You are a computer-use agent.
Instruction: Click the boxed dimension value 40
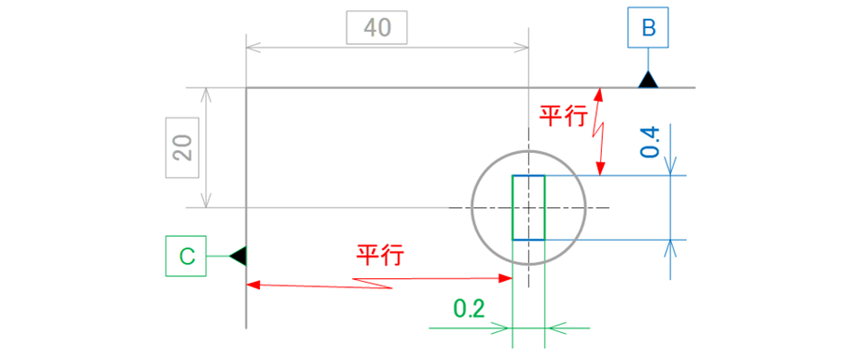376,28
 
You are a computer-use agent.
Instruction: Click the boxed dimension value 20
183,147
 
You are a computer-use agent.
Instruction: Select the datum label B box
649,28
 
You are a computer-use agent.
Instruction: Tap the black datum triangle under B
649,81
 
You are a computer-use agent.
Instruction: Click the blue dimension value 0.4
651,140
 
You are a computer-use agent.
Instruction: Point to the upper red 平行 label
563,116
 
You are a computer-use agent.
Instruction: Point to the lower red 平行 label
379,255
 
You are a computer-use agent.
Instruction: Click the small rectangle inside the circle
528,207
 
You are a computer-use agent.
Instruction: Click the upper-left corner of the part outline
246,89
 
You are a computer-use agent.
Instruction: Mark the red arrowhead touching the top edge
600,93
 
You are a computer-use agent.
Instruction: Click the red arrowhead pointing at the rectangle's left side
507,278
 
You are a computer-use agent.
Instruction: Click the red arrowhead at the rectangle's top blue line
600,169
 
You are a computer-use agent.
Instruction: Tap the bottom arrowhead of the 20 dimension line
208,202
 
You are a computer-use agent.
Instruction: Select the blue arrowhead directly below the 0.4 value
671,168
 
